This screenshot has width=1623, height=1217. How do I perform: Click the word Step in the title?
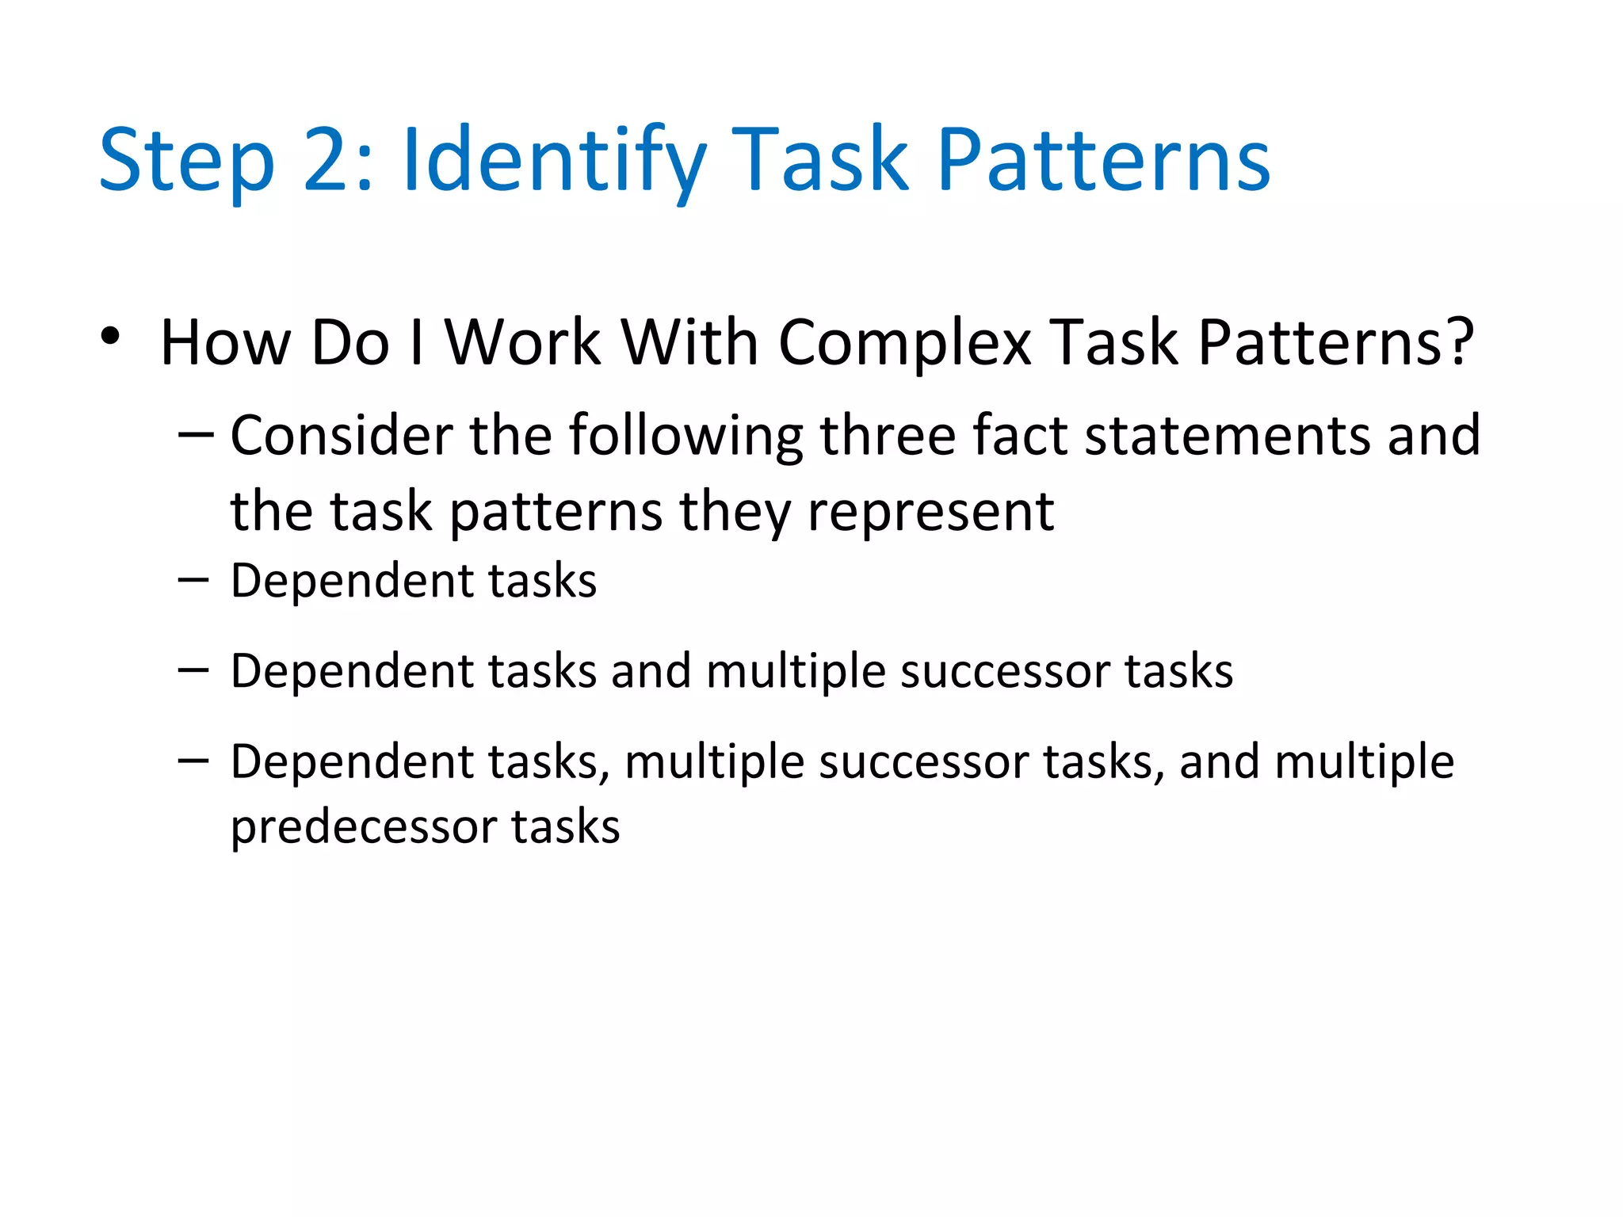pos(186,162)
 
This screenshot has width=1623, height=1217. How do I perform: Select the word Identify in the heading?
pos(554,162)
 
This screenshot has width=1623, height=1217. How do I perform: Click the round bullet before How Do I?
pos(110,338)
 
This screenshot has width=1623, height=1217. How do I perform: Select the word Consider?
pos(342,436)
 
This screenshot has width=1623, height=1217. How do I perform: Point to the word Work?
pos(522,343)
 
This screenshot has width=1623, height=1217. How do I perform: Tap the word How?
pos(225,343)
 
